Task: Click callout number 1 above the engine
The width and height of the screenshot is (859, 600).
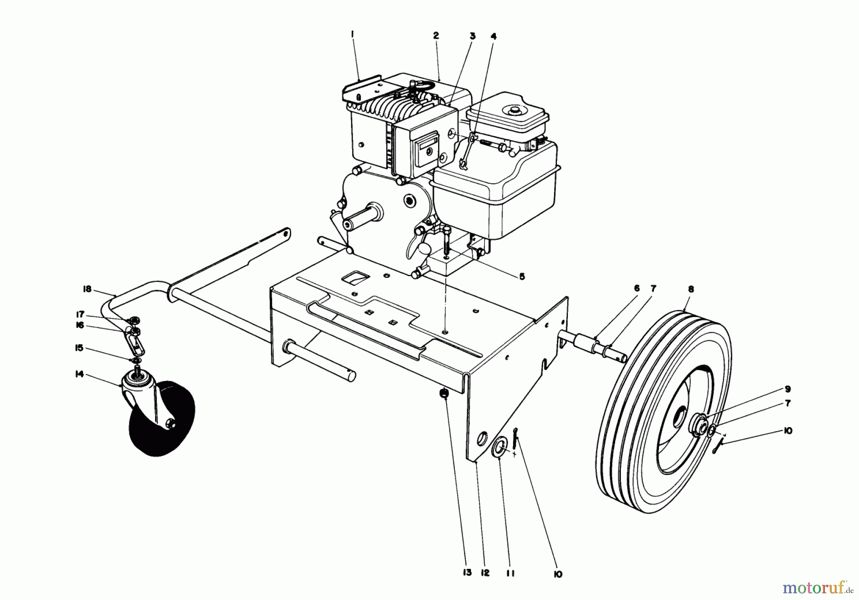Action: pyautogui.click(x=352, y=34)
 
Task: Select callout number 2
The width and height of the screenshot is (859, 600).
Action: pyautogui.click(x=436, y=36)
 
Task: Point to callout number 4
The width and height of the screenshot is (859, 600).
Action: pyautogui.click(x=494, y=36)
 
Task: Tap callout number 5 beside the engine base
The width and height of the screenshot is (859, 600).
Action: pyautogui.click(x=522, y=276)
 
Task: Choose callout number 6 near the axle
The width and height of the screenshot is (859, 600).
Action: pyautogui.click(x=637, y=288)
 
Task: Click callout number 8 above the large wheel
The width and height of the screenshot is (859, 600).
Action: pyautogui.click(x=691, y=289)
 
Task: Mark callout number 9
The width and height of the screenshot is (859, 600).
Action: pyautogui.click(x=788, y=389)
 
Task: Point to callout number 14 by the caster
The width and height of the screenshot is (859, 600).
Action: pyautogui.click(x=79, y=374)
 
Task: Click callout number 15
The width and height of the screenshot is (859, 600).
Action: pyautogui.click(x=79, y=348)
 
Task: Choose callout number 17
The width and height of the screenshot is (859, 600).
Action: pyautogui.click(x=80, y=315)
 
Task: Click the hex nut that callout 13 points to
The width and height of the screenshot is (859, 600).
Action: pyautogui.click(x=443, y=393)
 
